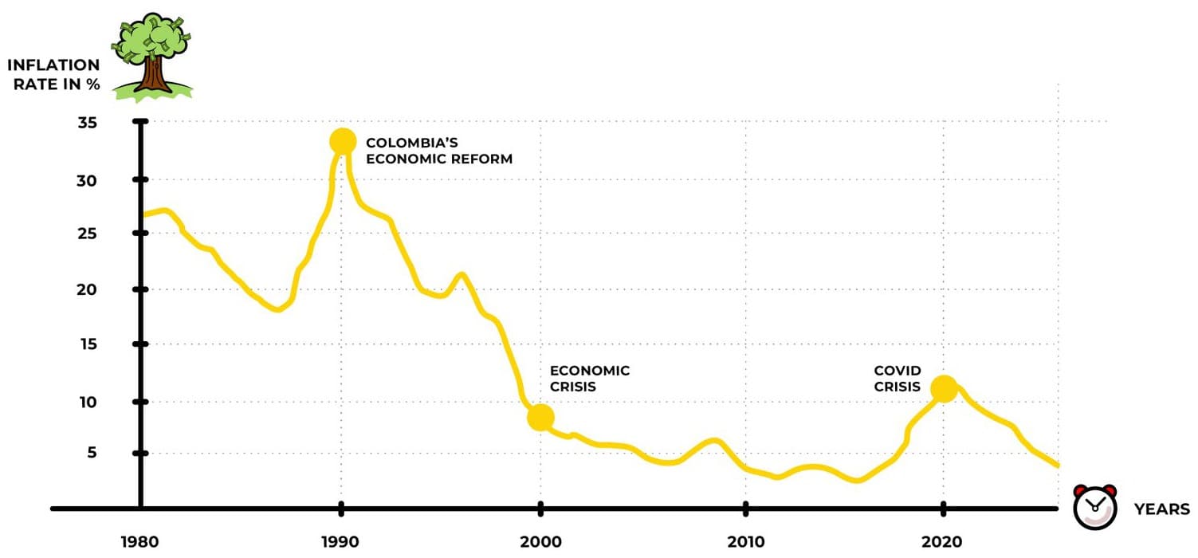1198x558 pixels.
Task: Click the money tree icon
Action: (x=152, y=57)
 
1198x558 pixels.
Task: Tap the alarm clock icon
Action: (x=1095, y=507)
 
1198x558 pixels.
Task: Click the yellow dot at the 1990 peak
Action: (x=343, y=142)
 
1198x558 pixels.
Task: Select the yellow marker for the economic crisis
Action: (x=540, y=417)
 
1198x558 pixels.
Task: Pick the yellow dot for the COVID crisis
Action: (x=944, y=389)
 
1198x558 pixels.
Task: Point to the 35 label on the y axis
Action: (x=88, y=123)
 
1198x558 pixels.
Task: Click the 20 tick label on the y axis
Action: (x=87, y=289)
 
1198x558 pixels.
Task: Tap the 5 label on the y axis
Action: (x=92, y=453)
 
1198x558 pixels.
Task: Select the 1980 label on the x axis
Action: (x=139, y=542)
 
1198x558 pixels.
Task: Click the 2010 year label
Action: (x=745, y=542)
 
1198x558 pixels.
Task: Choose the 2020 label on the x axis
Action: (x=942, y=542)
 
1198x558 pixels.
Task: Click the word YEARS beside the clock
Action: (x=1161, y=509)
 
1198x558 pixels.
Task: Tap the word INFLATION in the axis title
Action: (x=53, y=65)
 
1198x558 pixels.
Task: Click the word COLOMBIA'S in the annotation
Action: (x=412, y=143)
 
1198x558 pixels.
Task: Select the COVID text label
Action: (x=898, y=371)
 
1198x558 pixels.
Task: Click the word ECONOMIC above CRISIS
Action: (x=590, y=371)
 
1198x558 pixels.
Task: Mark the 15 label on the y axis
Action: (x=88, y=344)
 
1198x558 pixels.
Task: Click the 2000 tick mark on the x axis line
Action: (x=540, y=509)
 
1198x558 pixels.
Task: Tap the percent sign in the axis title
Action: (x=93, y=84)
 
